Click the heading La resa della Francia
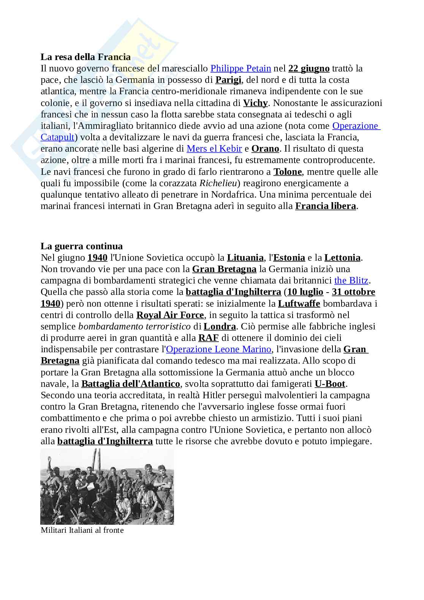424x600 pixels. [x=85, y=57]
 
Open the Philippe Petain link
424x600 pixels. [x=240, y=68]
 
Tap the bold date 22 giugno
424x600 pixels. [x=309, y=68]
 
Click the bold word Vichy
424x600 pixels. [x=255, y=103]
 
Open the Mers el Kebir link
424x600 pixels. [x=214, y=149]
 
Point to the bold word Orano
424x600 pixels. [x=265, y=149]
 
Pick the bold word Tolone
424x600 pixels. [x=288, y=172]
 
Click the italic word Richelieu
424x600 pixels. [x=218, y=183]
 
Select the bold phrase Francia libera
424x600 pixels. [x=326, y=206]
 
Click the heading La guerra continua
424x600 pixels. [x=82, y=246]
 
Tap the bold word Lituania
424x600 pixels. [x=245, y=258]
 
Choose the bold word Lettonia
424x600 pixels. [x=342, y=258]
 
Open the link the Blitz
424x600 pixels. [x=351, y=280]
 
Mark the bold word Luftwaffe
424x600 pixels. [x=299, y=304]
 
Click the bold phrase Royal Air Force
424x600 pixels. [x=170, y=315]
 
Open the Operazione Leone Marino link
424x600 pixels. [x=219, y=349]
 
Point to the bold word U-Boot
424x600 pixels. [x=330, y=384]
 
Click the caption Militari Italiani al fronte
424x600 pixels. [x=82, y=530]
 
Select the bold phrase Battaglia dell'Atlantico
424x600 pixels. [x=130, y=384]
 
